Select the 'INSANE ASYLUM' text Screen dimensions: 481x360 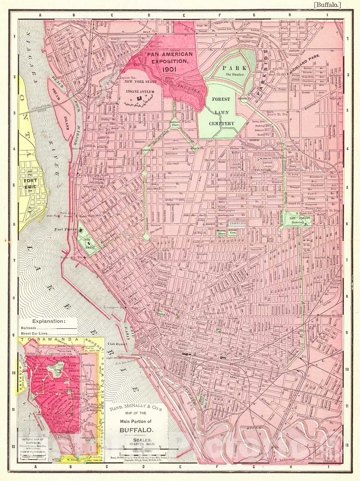tap(140, 91)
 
